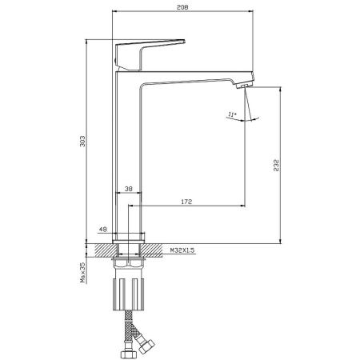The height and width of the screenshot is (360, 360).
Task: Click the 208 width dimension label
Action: (x=182, y=7)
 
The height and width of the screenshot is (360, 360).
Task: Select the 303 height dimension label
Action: (x=82, y=141)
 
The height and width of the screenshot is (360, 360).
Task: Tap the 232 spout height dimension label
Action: (x=276, y=165)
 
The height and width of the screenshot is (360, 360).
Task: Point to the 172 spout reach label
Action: (x=186, y=202)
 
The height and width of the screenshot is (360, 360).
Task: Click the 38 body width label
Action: (x=129, y=189)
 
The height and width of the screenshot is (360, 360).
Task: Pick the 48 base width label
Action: (x=103, y=230)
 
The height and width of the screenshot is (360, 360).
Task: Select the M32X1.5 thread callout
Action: (x=182, y=250)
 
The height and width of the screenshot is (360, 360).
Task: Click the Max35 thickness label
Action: (x=83, y=272)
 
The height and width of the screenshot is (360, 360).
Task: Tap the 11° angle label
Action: (x=232, y=115)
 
